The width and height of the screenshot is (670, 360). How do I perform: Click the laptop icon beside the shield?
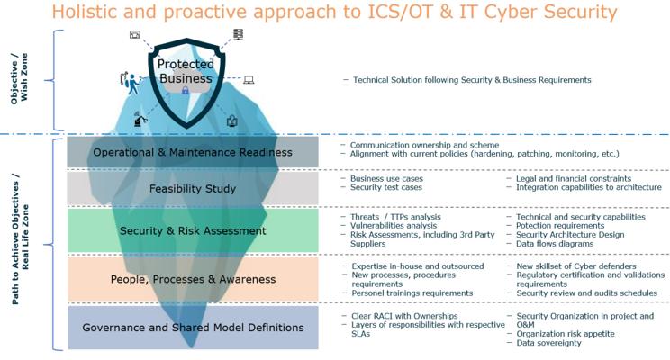pyautogui.click(x=249, y=80)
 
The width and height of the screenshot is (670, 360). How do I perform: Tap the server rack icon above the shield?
pyautogui.click(x=238, y=34)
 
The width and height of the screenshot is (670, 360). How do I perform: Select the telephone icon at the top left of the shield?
pyautogui.click(x=135, y=34)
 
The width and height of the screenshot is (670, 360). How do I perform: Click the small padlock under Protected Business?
pyautogui.click(x=185, y=90)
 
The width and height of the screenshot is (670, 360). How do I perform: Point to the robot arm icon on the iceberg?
pyautogui.click(x=140, y=119)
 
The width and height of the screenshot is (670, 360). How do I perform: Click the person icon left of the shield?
pyautogui.click(x=131, y=83)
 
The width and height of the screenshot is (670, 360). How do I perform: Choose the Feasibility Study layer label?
pyautogui.click(x=193, y=188)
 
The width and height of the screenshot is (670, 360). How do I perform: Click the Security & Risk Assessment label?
pyautogui.click(x=193, y=230)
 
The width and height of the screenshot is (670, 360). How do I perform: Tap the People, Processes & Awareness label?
pyautogui.click(x=193, y=279)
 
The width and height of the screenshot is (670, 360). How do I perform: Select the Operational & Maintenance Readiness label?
pyautogui.click(x=193, y=152)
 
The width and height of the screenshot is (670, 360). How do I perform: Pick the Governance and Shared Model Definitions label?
pyautogui.click(x=193, y=327)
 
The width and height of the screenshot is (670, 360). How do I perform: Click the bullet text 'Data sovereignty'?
pyautogui.click(x=549, y=343)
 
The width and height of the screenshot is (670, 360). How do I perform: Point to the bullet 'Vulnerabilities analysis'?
pyautogui.click(x=394, y=226)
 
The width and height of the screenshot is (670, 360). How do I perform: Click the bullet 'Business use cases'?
pyautogui.click(x=386, y=178)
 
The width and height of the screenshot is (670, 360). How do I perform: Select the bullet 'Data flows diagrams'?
pyautogui.click(x=555, y=244)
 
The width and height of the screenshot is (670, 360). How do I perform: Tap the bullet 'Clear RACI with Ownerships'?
pyautogui.click(x=404, y=316)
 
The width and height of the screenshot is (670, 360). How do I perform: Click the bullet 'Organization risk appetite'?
pyautogui.click(x=566, y=334)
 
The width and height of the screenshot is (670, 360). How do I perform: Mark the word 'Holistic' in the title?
pyautogui.click(x=85, y=12)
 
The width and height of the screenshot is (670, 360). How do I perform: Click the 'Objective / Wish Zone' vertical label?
pyautogui.click(x=19, y=78)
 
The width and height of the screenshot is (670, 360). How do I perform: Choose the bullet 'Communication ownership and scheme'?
pyautogui.click(x=425, y=145)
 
